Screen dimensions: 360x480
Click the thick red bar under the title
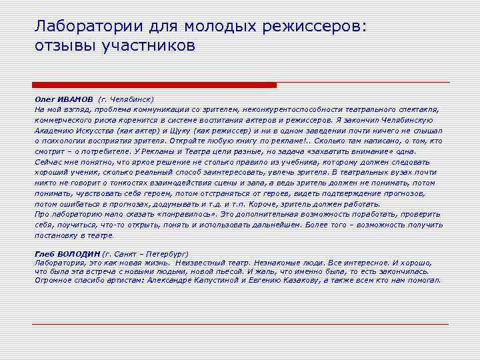[155, 85]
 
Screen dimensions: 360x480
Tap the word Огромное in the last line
[54, 280]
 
